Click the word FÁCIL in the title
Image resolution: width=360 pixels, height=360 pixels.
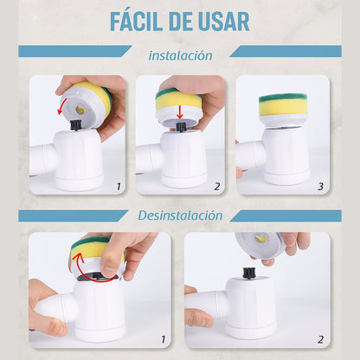coord(136,21)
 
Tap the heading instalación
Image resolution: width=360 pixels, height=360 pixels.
coord(180,55)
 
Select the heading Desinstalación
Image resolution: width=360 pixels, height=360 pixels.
coord(180,215)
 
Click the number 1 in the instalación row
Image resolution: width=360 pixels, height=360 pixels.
coord(119,187)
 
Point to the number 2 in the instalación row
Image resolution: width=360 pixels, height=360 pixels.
coord(217,187)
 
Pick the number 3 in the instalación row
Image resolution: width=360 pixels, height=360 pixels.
coord(320,187)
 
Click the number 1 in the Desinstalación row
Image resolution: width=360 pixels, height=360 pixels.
coord(164,339)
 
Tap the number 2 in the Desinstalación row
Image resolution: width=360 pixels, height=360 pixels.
coord(320,339)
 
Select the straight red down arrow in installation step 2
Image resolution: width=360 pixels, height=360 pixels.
coord(180,112)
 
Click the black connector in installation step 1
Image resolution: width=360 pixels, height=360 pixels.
coord(75,125)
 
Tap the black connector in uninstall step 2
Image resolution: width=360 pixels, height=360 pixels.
coord(247,273)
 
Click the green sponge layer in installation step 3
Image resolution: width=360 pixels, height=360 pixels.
coord(283,99)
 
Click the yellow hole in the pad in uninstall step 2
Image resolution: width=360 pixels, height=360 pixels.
coord(260,239)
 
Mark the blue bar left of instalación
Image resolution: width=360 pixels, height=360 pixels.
coord(75,51)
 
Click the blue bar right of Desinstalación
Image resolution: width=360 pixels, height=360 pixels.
coord(286,215)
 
